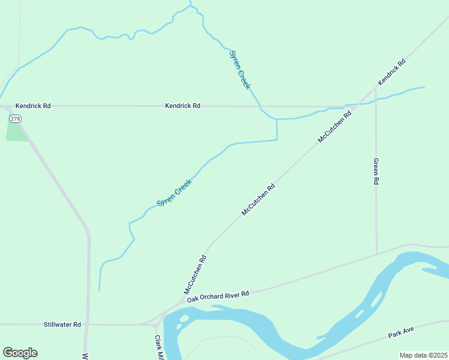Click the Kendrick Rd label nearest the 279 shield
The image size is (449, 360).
pos(33,106)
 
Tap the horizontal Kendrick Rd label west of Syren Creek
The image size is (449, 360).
pos(182,106)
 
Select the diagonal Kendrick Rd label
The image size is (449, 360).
pos(391,71)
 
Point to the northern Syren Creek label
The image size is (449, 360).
pos(240,70)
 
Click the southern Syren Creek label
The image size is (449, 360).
pos(174,193)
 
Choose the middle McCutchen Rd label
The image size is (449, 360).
pos(258,199)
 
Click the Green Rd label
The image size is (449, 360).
pos(376,172)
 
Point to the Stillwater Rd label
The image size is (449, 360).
pos(62,325)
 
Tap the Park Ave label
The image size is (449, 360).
pos(401,332)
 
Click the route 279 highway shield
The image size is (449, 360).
pos(16,119)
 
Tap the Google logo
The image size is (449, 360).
pos(20,353)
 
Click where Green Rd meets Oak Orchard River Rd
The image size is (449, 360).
pos(377,254)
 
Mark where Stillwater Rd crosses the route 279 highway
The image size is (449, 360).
pos(88,325)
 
